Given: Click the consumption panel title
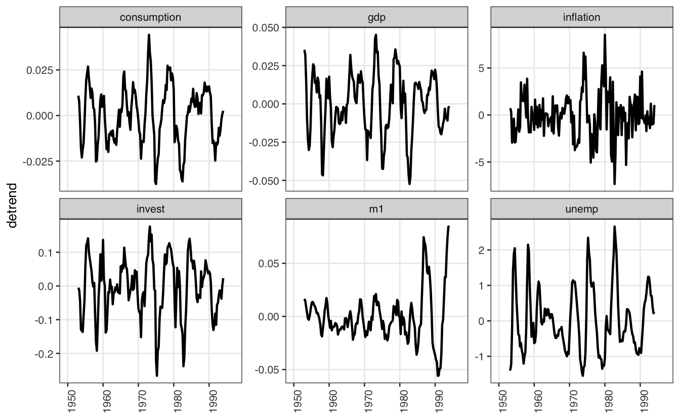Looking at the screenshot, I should click(x=150, y=17).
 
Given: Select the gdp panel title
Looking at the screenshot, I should click(x=376, y=17).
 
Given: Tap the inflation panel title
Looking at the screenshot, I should click(x=581, y=17).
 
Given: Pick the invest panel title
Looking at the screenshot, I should click(x=150, y=209).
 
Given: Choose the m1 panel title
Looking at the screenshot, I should click(x=376, y=209).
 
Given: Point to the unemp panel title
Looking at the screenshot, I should click(x=581, y=209).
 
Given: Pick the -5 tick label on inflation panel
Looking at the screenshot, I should click(x=481, y=162).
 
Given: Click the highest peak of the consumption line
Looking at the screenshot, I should click(x=149, y=34).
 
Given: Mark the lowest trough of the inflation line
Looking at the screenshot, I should click(x=615, y=184).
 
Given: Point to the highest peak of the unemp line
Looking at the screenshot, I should click(x=614, y=226).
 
